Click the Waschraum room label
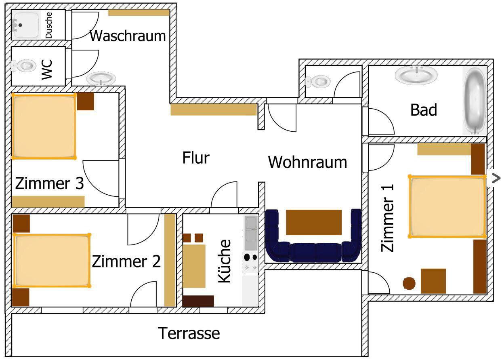(128, 36)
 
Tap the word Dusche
(49, 25)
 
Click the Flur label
(196, 158)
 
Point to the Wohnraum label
(307, 162)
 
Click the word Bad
(424, 109)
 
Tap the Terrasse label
(189, 333)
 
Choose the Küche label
(225, 261)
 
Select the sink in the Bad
(416, 76)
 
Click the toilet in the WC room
(25, 65)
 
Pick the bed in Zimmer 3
(44, 126)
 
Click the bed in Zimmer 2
(51, 261)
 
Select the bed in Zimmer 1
(447, 206)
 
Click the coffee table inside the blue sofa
(314, 222)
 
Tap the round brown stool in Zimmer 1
(409, 283)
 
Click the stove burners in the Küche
(250, 257)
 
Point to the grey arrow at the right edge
(496, 178)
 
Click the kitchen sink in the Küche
(250, 233)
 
